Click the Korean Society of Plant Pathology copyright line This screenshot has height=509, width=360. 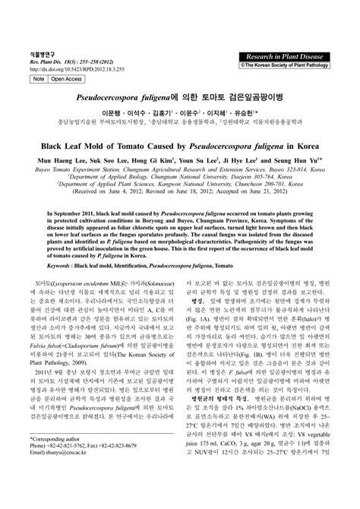(290, 66)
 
